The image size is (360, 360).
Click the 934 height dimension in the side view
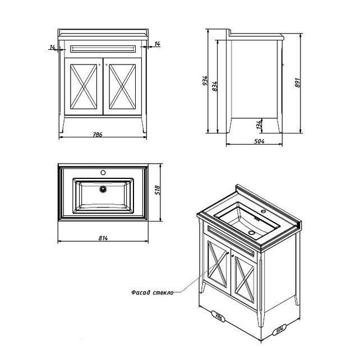[205, 81]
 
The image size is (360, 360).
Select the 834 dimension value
[215, 86]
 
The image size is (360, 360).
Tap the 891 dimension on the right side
[297, 82]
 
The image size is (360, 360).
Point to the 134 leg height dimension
[259, 124]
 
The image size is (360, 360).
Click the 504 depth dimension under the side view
[259, 141]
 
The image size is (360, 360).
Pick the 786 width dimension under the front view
[98, 135]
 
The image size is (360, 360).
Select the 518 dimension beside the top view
[157, 190]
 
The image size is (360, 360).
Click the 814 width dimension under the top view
[103, 238]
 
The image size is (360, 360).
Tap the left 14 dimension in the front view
[52, 47]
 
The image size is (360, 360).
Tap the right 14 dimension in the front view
[157, 44]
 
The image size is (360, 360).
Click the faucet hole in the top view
[103, 172]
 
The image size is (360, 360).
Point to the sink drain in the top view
[103, 189]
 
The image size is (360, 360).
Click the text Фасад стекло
[153, 293]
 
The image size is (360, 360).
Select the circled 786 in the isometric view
[218, 317]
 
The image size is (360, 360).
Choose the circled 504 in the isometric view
[279, 330]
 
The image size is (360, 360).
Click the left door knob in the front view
[99, 64]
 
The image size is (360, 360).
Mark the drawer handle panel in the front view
[103, 49]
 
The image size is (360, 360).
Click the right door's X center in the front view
[122, 87]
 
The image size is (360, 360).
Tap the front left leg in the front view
[62, 125]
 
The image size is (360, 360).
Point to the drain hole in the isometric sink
[252, 233]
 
